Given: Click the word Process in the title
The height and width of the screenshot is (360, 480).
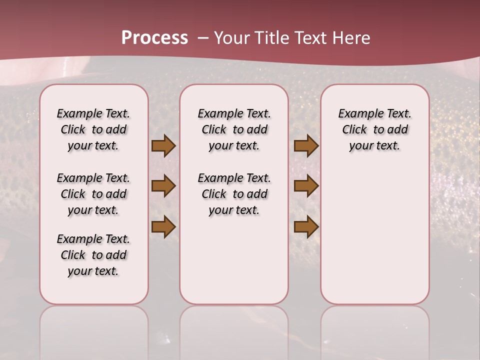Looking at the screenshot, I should tap(154, 37).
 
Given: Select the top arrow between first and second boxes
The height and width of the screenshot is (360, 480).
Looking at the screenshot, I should tap(163, 145).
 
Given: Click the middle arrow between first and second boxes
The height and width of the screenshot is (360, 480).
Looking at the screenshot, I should tap(163, 186).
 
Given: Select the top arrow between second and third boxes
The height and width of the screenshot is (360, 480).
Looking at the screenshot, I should tap(305, 145).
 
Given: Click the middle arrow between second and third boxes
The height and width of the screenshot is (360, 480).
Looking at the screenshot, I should tap(305, 186).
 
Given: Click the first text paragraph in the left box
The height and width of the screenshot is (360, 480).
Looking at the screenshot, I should tap(93, 129).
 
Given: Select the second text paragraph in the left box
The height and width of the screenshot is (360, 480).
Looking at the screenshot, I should tap(93, 194).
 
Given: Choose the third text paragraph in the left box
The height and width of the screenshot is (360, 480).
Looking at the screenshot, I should tap(93, 255).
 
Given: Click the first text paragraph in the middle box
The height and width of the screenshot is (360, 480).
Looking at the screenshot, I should tap(234, 129).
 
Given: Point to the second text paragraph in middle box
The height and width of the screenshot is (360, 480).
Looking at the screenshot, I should tap(234, 194).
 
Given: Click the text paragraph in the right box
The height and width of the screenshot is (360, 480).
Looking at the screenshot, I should tap(374, 129).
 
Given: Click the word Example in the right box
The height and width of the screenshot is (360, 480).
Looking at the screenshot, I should tap(357, 114).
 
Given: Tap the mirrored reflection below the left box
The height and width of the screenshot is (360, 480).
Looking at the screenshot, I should tap(93, 330).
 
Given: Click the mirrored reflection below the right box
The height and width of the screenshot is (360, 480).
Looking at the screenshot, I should tap(374, 330).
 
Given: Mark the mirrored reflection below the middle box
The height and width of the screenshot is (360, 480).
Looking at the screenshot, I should tap(234, 330).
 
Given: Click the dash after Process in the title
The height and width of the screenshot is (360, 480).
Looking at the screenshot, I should tap(202, 38).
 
